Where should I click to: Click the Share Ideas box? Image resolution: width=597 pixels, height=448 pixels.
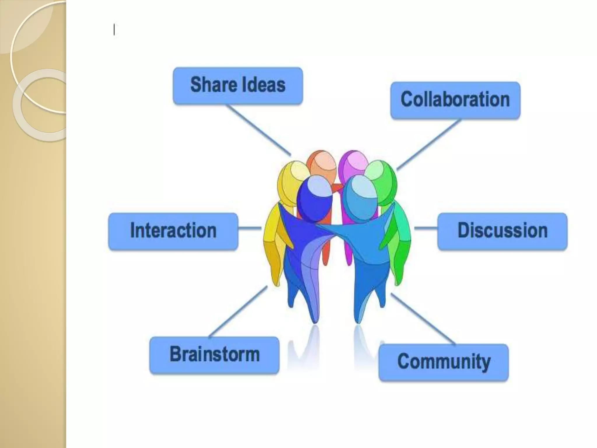[238, 86]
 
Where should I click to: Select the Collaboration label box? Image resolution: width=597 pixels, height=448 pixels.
[455, 100]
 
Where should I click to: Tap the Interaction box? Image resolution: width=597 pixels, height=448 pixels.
[173, 231]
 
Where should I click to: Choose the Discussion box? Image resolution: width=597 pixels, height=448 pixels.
[502, 231]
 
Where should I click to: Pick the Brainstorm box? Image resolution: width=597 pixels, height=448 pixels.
[214, 355]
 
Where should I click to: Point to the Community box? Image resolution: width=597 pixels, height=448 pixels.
[443, 362]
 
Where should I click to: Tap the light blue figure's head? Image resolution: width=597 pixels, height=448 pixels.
[360, 197]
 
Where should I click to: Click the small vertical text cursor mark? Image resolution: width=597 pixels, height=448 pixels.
[114, 30]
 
